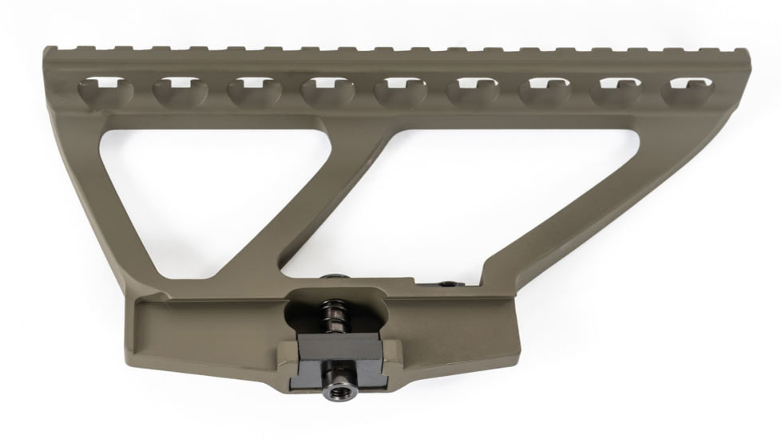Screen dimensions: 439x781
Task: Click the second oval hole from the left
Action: tap(178, 92)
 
